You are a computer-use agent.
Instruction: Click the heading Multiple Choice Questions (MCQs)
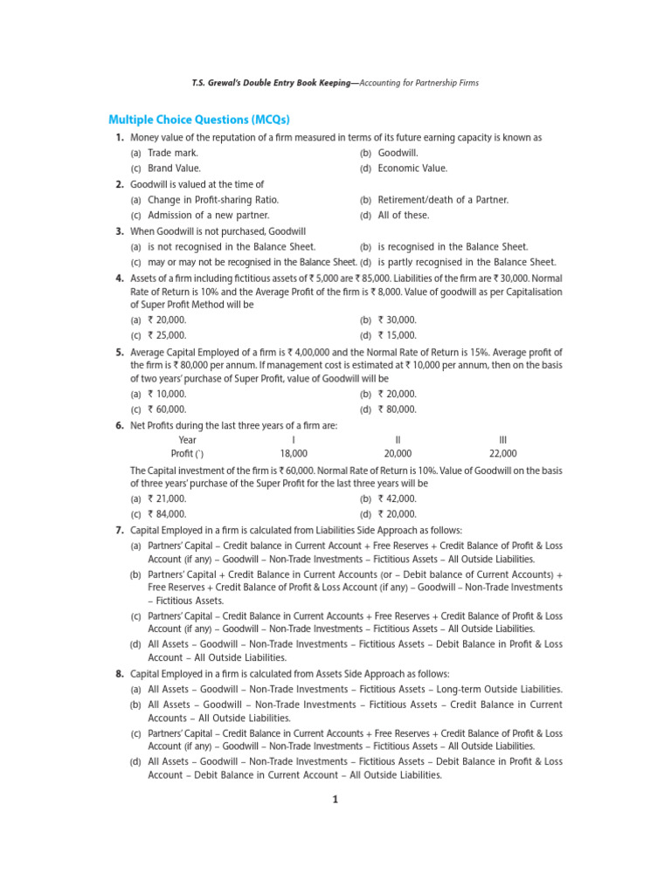(x=198, y=120)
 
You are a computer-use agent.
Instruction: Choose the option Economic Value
(x=412, y=168)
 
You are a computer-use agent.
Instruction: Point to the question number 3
(x=119, y=231)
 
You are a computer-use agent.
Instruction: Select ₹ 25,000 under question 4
(x=167, y=335)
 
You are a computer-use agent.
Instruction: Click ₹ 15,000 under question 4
(x=397, y=335)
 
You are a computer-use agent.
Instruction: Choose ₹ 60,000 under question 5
(x=167, y=409)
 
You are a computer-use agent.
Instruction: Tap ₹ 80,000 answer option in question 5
(x=397, y=409)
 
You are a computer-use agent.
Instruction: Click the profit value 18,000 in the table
(x=294, y=454)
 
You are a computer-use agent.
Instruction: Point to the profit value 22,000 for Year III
(x=502, y=454)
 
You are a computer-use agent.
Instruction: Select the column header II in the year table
(x=398, y=440)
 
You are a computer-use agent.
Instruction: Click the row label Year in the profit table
(x=188, y=440)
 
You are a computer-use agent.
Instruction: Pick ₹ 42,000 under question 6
(x=397, y=499)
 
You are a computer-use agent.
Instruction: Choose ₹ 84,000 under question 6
(x=167, y=514)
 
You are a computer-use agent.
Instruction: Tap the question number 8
(x=119, y=674)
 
